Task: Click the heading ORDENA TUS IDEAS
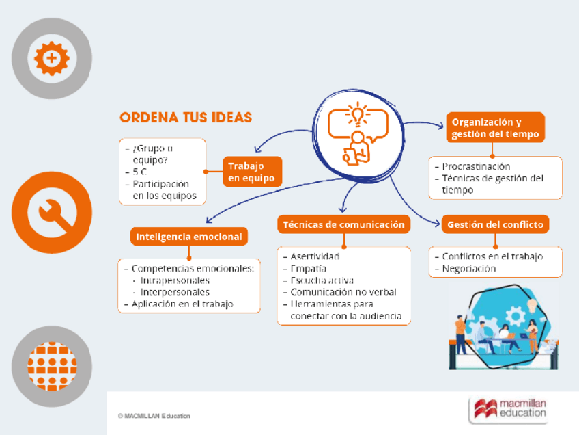pos(186,118)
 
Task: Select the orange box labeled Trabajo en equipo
pos(251,172)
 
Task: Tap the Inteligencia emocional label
pos(189,237)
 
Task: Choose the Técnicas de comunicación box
pos(343,224)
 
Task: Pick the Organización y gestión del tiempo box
pos(495,128)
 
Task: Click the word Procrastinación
pos(476,166)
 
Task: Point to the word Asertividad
pos(315,256)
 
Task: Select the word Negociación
pos(469,269)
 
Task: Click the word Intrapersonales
pos(175,280)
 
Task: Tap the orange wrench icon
pos(51,212)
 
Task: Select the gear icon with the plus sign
pos(51,59)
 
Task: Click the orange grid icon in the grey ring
pos(51,365)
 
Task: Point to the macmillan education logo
pos(509,408)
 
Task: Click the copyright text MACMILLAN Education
pos(154,416)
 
